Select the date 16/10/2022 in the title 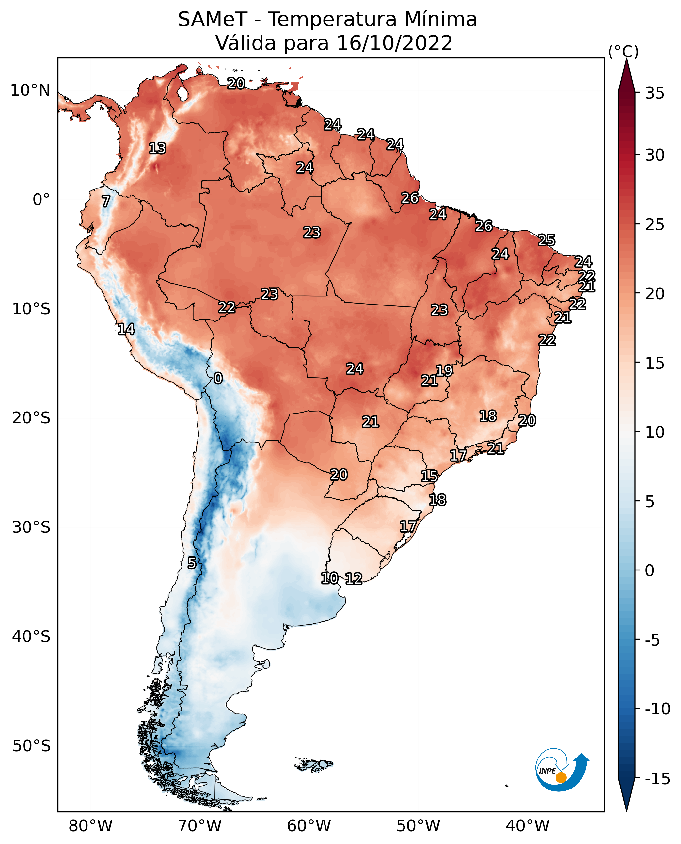click(395, 43)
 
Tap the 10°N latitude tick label click(30, 91)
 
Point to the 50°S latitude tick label click(31, 745)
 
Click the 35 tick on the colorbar click(655, 93)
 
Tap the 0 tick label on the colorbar click(650, 570)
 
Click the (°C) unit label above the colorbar click(623, 51)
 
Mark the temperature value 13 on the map click(158, 148)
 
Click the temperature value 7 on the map click(106, 201)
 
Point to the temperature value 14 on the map click(126, 329)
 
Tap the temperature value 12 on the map click(354, 578)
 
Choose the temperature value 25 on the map click(546, 240)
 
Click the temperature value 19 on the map click(444, 371)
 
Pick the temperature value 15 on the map click(430, 476)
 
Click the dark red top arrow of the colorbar click(626, 76)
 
